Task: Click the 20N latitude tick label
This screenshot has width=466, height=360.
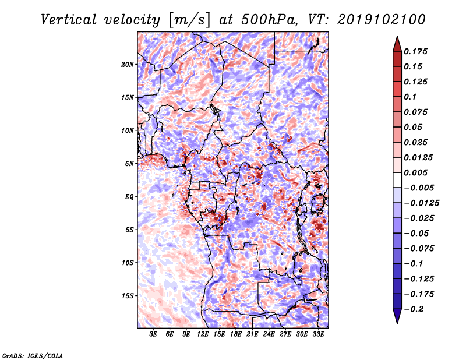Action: tap(128, 64)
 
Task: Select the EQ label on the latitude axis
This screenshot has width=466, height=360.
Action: tap(130, 196)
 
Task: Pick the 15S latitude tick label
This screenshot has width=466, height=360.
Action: tap(128, 295)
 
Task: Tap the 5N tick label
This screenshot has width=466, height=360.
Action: tap(129, 163)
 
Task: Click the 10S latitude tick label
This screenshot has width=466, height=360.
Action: tap(128, 262)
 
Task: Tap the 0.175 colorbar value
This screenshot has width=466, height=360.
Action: tap(417, 51)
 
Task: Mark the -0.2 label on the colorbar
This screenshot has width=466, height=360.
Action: tap(419, 309)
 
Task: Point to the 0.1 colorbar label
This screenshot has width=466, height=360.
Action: tap(412, 97)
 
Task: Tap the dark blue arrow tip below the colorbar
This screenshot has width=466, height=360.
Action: tap(397, 319)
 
